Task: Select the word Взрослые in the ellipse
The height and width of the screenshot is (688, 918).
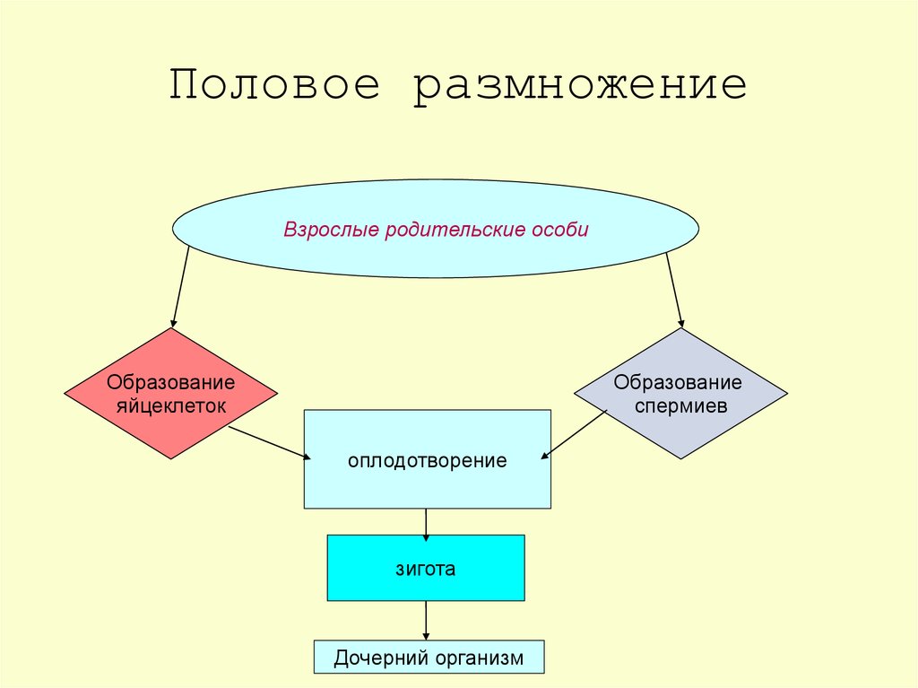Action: pos(332,230)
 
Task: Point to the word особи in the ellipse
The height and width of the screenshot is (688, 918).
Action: pos(559,230)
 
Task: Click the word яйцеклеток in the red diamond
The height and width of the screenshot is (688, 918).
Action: pos(171,405)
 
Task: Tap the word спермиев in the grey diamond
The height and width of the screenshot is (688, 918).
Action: pos(680,405)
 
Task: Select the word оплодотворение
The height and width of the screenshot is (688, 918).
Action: pos(427,461)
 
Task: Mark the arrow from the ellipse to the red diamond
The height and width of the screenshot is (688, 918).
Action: pos(180,287)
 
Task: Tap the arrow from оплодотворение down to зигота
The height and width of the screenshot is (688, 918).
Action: pos(426,522)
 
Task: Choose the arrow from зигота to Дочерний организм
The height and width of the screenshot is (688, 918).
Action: pos(426,620)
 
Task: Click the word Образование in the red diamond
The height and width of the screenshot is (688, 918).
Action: pos(171,383)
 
